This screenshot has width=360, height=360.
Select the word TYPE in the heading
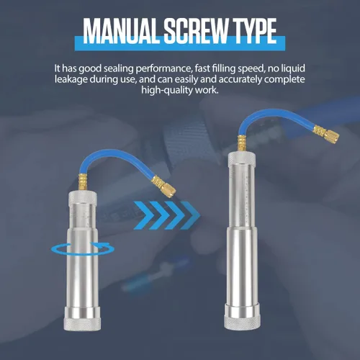[253, 31]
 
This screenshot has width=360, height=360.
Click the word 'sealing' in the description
[118, 69]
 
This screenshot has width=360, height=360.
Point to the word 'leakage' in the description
[71, 79]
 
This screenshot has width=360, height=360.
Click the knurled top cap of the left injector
[83, 198]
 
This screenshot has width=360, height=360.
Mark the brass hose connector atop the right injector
[241, 143]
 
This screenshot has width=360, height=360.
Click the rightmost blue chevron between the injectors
[191, 215]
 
